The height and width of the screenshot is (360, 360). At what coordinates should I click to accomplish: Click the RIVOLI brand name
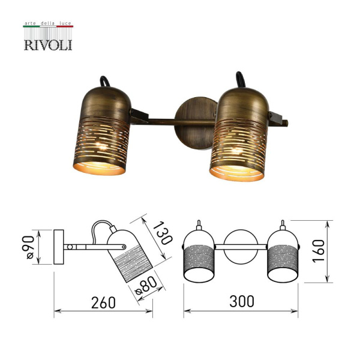(47, 44)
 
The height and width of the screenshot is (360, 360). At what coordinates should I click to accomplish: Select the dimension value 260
(103, 303)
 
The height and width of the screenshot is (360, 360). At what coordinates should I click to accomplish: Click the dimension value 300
(241, 302)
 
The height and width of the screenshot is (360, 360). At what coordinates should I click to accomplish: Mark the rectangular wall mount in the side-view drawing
(59, 247)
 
